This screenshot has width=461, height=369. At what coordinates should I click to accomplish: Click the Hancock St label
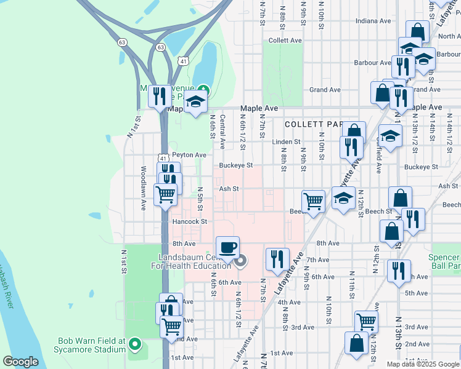(189, 221)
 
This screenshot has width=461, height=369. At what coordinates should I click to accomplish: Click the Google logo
(21, 362)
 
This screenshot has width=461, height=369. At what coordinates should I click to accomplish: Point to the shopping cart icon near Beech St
(313, 200)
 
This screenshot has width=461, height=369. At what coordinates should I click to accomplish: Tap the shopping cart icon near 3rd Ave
(366, 321)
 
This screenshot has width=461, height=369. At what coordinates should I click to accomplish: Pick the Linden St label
(285, 142)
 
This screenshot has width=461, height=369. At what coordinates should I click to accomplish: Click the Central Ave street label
(222, 131)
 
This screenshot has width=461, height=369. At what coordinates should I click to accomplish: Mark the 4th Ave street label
(288, 303)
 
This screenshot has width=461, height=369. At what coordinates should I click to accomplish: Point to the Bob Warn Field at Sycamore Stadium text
(92, 345)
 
